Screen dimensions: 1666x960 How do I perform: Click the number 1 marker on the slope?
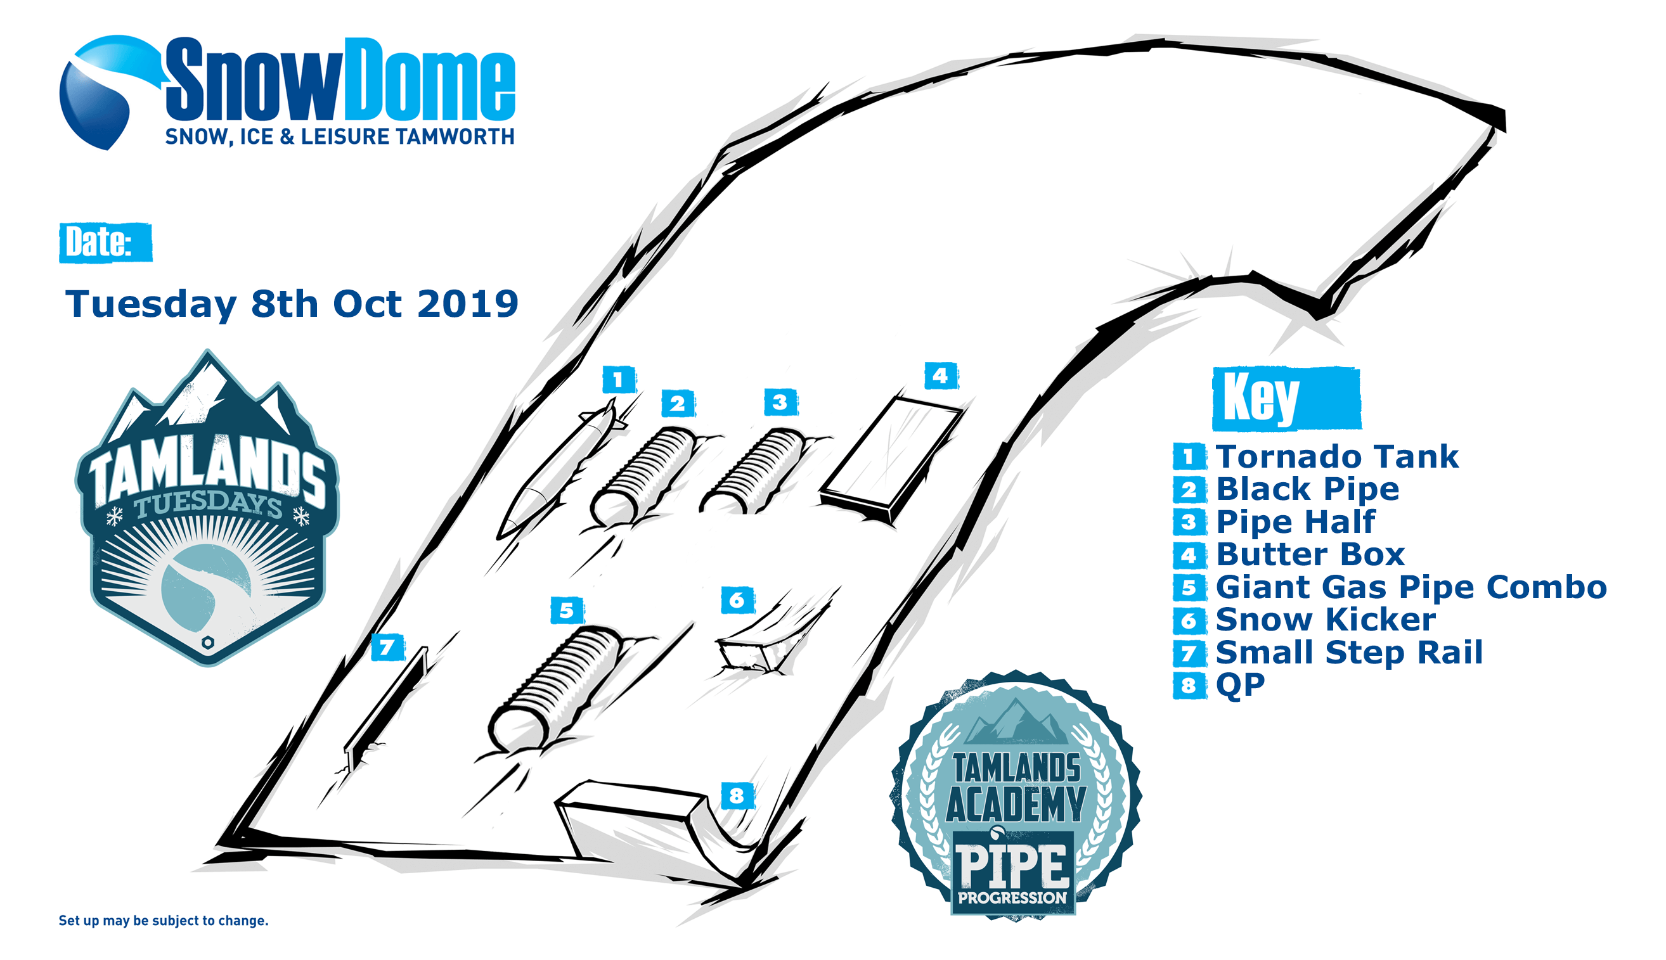tap(619, 380)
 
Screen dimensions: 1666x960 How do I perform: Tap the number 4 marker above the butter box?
tap(941, 376)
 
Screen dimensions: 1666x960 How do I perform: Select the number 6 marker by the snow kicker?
tap(737, 600)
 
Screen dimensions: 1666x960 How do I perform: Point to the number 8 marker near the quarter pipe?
tap(737, 796)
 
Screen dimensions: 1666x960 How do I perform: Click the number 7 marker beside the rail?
tap(387, 647)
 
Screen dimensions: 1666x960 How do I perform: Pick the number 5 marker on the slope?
tap(567, 611)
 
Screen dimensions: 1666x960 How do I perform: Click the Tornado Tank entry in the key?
tap(1337, 456)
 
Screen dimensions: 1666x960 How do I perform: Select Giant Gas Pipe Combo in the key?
tap(1411, 587)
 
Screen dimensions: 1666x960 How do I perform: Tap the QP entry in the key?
tap(1240, 685)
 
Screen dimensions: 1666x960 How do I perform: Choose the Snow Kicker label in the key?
tap(1325, 619)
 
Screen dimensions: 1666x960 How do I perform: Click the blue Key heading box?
tap(1286, 398)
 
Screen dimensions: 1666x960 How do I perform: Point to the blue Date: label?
tap(105, 243)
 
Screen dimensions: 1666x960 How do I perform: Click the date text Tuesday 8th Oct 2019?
tap(292, 304)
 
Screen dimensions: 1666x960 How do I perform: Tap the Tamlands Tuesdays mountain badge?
tap(207, 508)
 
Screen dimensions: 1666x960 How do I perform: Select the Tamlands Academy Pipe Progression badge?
tap(1016, 795)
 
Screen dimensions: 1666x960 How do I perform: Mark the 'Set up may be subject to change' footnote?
tap(164, 921)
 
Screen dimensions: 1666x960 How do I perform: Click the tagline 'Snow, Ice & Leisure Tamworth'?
tap(340, 136)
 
